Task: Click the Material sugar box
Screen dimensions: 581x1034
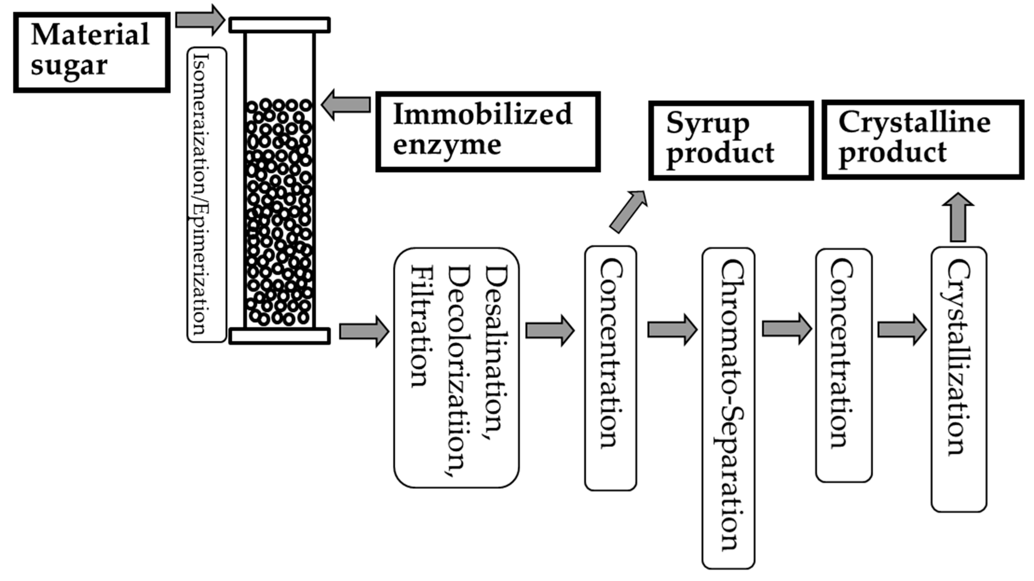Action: (92, 52)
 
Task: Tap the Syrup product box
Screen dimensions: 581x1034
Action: (731, 141)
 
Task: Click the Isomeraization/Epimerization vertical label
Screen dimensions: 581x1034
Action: (207, 195)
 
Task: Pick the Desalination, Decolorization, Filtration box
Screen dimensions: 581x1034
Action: (456, 368)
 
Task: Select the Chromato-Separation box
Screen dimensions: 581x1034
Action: (728, 408)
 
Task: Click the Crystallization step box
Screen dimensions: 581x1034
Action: (959, 379)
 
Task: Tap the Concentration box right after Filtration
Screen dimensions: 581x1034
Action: (611, 368)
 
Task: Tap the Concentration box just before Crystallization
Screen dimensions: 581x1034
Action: (844, 365)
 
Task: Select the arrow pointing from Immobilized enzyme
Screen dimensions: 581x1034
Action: (346, 105)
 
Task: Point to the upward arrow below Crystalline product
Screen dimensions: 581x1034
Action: (958, 218)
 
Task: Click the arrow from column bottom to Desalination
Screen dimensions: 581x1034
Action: (364, 331)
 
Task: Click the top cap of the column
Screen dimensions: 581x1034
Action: (279, 25)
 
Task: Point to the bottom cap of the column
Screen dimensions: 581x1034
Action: (279, 336)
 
